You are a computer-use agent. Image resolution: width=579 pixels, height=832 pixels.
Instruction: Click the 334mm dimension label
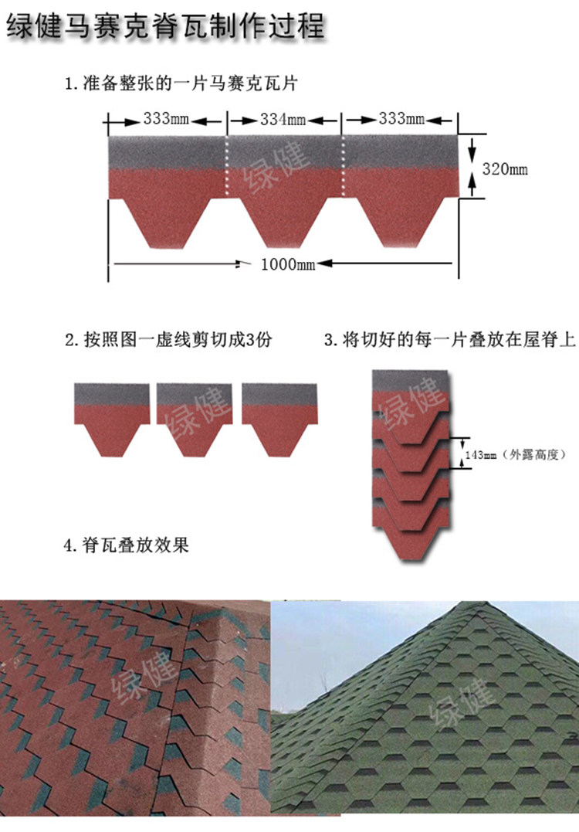[283, 120]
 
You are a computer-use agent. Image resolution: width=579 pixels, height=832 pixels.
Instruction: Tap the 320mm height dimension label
[505, 168]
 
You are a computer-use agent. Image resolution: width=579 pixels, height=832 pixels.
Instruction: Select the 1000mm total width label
[288, 264]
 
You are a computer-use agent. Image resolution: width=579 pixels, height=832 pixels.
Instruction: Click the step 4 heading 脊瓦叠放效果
[126, 545]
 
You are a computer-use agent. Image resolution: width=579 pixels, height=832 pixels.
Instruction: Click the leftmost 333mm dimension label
[168, 120]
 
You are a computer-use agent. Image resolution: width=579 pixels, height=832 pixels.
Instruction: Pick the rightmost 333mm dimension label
[402, 120]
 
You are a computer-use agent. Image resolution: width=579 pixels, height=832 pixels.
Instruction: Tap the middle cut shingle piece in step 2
[194, 417]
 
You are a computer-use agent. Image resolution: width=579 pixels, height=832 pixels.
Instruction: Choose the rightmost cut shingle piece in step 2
[279, 417]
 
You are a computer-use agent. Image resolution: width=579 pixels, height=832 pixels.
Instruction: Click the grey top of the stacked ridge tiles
[410, 381]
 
